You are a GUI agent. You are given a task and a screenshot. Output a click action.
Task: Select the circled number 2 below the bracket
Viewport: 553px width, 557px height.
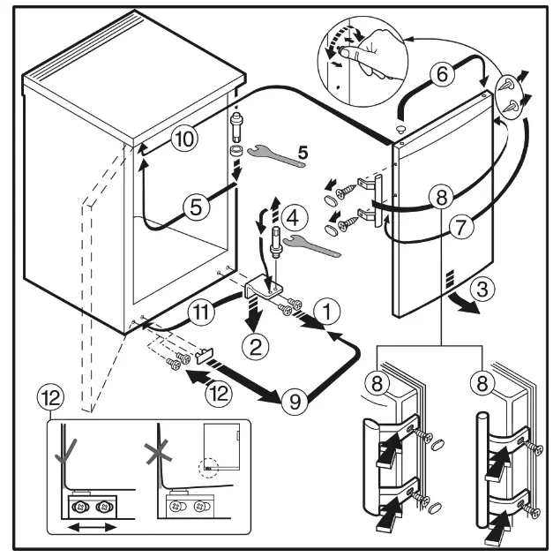[x=255, y=346]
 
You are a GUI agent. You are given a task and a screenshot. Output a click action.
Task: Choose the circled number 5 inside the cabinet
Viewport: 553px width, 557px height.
[x=197, y=207]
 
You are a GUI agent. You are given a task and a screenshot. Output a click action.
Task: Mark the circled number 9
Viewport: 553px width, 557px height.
[x=295, y=403]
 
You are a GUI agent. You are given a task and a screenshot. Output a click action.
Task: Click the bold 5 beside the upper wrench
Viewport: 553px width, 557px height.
[x=303, y=152]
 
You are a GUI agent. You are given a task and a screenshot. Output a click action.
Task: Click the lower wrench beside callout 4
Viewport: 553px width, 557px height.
[x=312, y=246]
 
